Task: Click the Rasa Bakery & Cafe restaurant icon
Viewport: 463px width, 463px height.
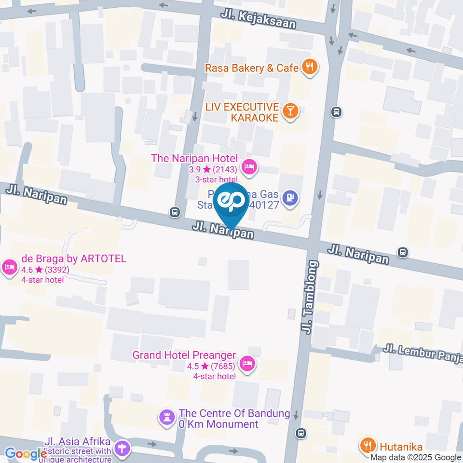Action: tap(309, 68)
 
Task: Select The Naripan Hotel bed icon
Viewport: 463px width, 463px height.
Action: tap(249, 167)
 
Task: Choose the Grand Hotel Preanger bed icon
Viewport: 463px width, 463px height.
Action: tap(247, 363)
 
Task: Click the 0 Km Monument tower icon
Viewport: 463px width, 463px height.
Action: tap(167, 418)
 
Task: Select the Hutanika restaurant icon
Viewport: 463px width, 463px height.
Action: tap(368, 444)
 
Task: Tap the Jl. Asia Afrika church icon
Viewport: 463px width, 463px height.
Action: tap(123, 449)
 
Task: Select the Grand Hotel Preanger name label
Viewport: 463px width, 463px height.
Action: tap(184, 355)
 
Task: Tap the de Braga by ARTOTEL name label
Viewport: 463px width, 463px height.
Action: tap(74, 259)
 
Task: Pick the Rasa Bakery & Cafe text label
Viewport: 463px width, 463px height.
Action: tap(252, 68)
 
